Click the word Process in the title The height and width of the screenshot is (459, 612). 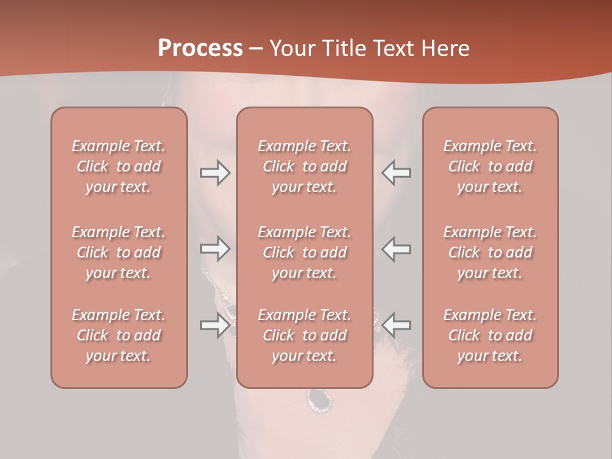[200, 48]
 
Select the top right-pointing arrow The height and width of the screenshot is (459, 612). [215, 173]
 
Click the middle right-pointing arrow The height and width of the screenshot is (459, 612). [215, 249]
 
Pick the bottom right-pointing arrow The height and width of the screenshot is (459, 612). [215, 325]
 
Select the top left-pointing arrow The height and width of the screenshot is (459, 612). [397, 173]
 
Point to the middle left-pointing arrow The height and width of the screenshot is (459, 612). [397, 249]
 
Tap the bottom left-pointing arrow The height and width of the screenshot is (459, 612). [397, 325]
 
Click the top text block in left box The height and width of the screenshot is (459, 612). [119, 166]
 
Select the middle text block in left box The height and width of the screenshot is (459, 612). [119, 252]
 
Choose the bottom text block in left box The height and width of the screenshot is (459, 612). [119, 335]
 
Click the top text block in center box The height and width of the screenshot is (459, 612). [304, 166]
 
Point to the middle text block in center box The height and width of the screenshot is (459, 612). [304, 252]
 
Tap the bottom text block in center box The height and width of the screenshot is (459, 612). [304, 335]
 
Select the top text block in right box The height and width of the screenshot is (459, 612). [490, 166]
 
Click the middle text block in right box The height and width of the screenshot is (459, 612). [490, 252]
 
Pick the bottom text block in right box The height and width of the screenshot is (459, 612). [490, 335]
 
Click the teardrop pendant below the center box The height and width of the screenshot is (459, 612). [319, 398]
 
